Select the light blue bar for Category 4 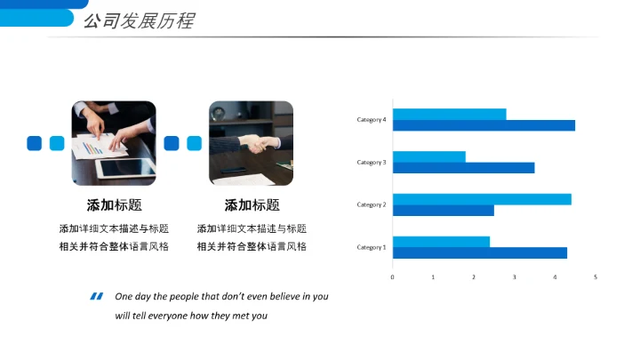449,114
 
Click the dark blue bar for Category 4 484,125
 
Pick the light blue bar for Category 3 428,156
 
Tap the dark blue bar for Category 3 463,168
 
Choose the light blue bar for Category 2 482,199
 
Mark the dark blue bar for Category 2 443,211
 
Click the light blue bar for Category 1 441,242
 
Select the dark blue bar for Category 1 479,253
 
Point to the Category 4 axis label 372,119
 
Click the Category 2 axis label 372,204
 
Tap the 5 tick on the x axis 596,277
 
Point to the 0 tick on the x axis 392,277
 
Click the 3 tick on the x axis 515,277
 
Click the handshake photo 251,142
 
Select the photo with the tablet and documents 113,142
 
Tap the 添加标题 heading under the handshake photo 252,205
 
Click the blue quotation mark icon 96,297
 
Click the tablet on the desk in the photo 124,167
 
